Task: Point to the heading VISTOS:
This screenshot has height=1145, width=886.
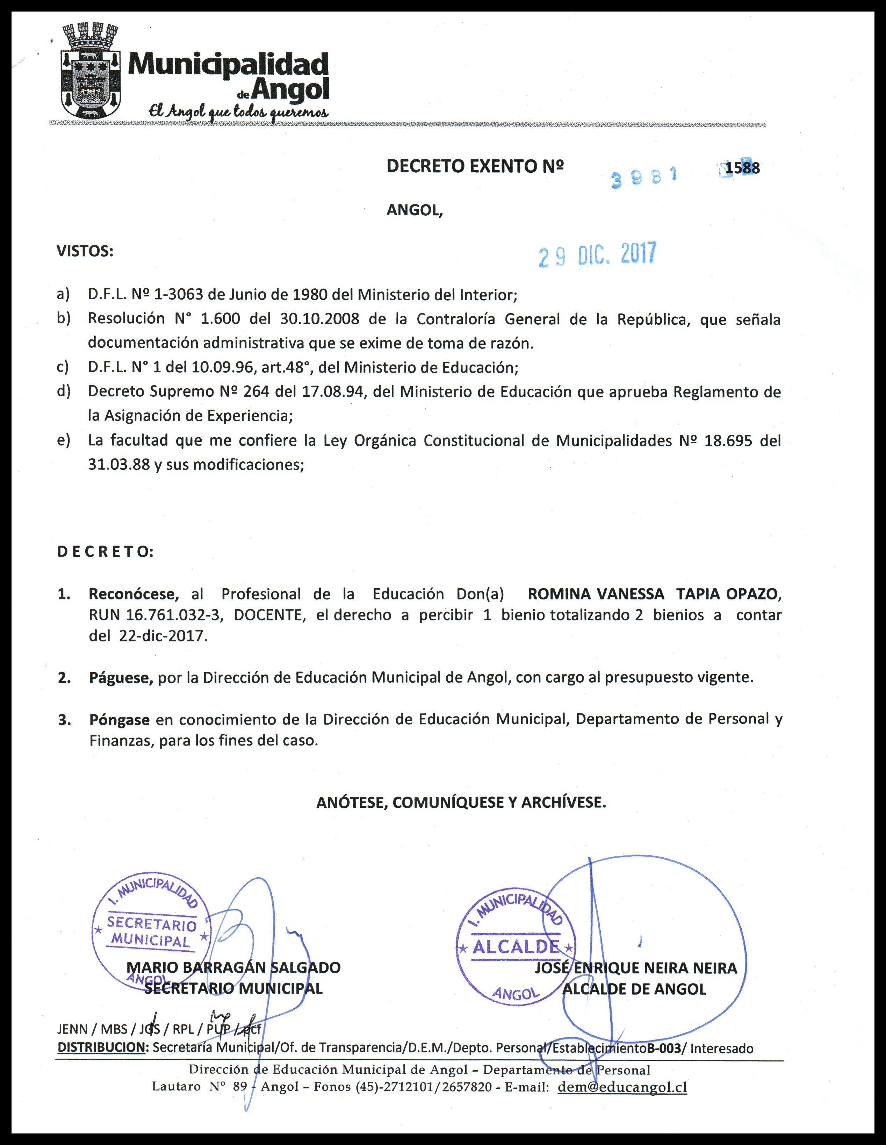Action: tap(85, 251)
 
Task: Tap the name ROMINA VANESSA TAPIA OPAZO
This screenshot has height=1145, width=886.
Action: tap(654, 594)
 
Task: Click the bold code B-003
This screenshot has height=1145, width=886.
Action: tap(664, 1048)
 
